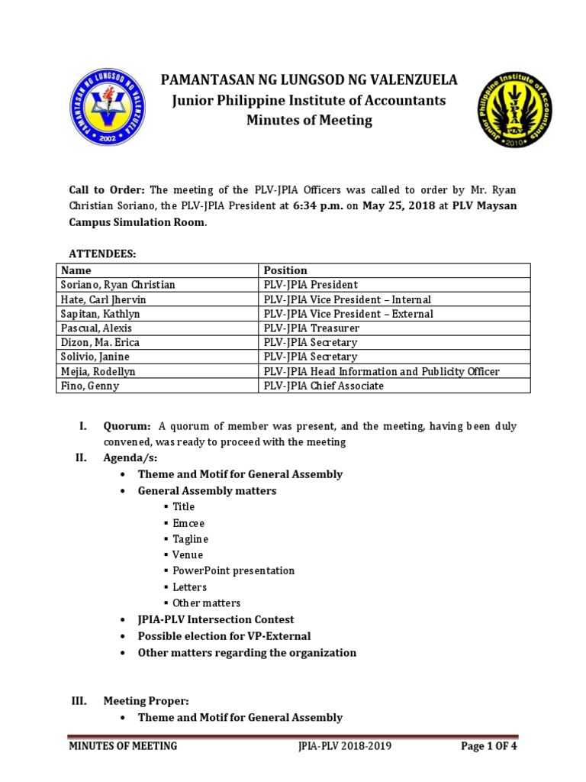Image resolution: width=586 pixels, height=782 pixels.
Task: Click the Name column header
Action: pos(76,270)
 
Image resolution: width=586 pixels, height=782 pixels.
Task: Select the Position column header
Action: pos(285,270)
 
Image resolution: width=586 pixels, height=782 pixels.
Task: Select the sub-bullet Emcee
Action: pos(188,523)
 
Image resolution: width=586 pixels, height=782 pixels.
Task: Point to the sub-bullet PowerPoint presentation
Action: pos(233,570)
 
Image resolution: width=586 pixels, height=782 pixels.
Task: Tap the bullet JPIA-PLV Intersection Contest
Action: pos(215,619)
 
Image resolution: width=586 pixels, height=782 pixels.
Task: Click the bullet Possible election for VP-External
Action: pos(224,636)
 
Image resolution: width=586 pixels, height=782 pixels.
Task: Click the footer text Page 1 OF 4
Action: pos(489,746)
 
